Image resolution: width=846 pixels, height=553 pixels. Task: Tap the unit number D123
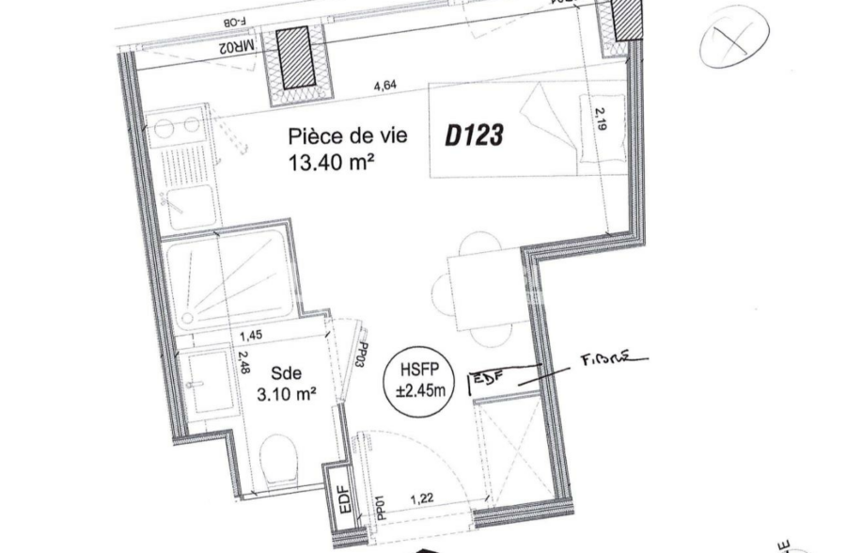[474, 135]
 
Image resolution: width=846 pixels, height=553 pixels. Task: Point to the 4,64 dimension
[384, 87]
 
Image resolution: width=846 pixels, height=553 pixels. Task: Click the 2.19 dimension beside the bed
[602, 123]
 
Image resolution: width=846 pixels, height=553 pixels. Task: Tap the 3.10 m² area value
[286, 395]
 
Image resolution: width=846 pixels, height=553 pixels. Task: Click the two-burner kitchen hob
[178, 126]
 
